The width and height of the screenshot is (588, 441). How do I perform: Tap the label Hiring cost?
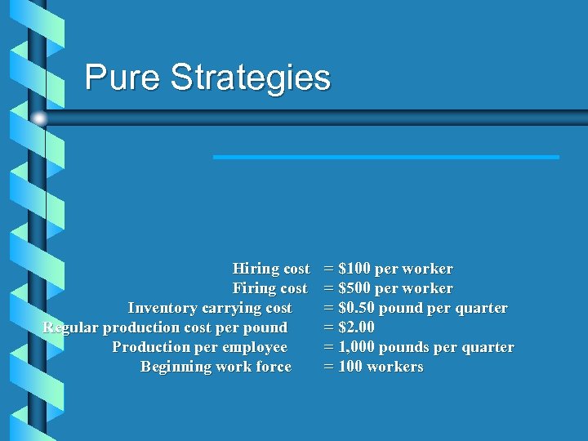[x=271, y=269]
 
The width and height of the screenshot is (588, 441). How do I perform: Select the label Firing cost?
[x=270, y=288]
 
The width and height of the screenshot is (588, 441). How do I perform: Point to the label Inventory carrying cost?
[x=210, y=308]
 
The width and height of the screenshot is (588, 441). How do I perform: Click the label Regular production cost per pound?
[x=165, y=327]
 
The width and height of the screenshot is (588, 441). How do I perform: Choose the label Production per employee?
[x=199, y=347]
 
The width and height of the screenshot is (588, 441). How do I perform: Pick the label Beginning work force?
[x=216, y=367]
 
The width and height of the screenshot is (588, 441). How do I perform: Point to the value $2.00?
[x=356, y=327]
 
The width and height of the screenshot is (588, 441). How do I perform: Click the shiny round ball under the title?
[x=39, y=118]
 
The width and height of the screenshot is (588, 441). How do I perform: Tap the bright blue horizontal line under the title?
[x=385, y=157]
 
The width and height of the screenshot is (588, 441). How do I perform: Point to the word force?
[x=273, y=367]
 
